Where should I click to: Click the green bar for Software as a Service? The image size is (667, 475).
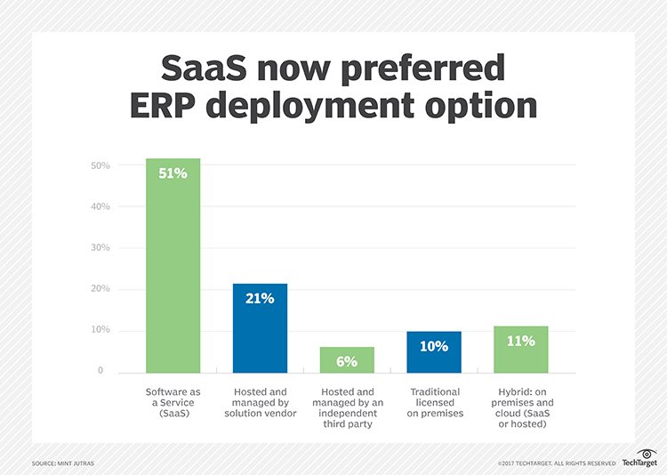point(173,266)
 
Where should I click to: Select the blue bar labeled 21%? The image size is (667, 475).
point(260,328)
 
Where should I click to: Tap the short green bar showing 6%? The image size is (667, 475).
point(347,360)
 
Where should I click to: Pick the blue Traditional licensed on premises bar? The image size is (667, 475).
point(434,352)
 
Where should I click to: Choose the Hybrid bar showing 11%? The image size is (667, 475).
point(521,350)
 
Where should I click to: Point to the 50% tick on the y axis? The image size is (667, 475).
point(100,165)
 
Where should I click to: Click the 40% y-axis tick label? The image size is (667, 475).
point(100,206)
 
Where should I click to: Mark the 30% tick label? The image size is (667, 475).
point(100,247)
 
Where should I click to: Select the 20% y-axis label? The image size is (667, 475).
point(100,288)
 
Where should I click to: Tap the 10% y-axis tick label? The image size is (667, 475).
point(100,329)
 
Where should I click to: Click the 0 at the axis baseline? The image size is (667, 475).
point(100,370)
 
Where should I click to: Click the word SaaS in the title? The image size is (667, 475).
point(204,68)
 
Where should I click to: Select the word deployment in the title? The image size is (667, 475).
point(310,107)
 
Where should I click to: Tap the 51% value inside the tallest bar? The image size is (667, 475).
point(173,173)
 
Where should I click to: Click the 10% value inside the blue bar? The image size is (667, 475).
point(434,346)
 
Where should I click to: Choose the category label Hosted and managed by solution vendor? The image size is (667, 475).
point(261,402)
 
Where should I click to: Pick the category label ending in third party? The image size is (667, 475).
point(348,407)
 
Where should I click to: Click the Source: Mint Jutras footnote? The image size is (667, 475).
point(63,463)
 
